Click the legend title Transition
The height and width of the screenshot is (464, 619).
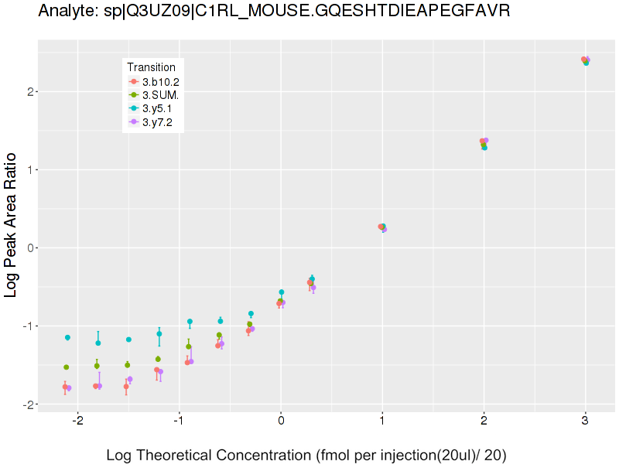click(152, 67)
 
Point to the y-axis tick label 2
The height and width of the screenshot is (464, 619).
click(26, 91)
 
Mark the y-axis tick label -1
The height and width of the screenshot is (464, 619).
click(24, 326)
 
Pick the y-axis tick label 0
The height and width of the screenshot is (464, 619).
click(26, 247)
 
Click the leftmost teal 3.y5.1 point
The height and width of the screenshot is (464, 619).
click(67, 337)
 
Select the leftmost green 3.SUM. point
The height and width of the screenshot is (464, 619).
click(67, 367)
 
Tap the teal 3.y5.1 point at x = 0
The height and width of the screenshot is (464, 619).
click(282, 292)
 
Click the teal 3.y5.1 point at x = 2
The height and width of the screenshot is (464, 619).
click(485, 147)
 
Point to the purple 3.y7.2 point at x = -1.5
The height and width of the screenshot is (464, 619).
click(130, 379)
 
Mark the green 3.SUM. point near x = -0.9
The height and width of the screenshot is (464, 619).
click(189, 346)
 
